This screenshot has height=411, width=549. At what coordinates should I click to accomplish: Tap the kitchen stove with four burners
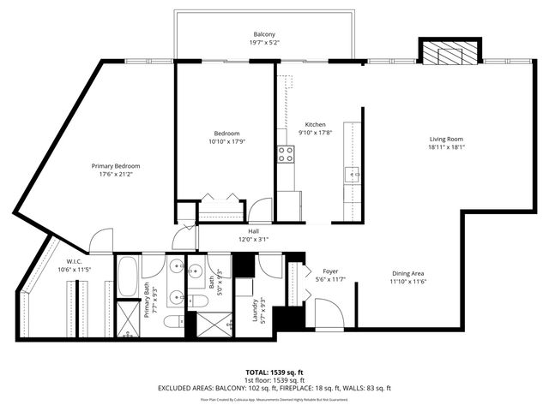click(x=285, y=154)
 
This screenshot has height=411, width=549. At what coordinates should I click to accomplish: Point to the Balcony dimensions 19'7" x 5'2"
click(x=263, y=42)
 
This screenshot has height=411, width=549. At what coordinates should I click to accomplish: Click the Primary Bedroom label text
click(x=116, y=165)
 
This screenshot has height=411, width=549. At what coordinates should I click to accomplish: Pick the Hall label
click(x=253, y=231)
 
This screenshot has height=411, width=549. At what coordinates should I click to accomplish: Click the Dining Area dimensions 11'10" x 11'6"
click(x=408, y=282)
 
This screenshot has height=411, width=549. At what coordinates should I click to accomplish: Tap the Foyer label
click(x=330, y=271)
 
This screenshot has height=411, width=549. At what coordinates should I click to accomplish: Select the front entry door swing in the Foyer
click(x=329, y=313)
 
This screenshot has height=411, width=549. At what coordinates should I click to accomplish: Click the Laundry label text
click(x=257, y=309)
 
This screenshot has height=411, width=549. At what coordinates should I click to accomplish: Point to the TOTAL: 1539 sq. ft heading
click(x=274, y=371)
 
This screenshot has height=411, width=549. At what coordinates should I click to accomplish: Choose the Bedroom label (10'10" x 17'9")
click(x=226, y=133)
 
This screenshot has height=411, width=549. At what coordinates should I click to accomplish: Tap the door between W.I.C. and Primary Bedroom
click(x=101, y=241)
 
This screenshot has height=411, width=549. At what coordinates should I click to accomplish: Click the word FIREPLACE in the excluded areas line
click(x=328, y=388)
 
